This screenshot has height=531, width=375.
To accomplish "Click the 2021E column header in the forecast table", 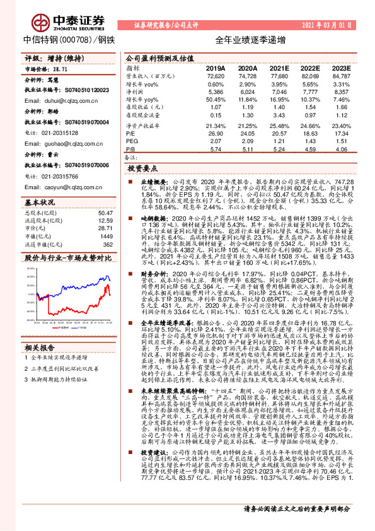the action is (x=278, y=67).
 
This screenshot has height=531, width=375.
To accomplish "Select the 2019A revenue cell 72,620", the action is (x=216, y=75).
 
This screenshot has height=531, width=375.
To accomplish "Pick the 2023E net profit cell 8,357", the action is (x=340, y=91).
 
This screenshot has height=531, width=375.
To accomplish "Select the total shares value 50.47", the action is (x=105, y=213).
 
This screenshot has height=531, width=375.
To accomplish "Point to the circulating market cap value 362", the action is (x=108, y=244).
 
